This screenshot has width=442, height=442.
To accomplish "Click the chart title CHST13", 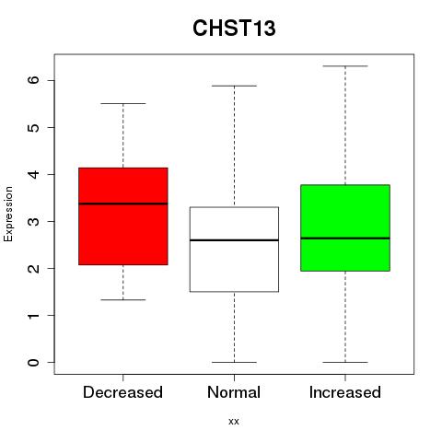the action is tap(234, 29).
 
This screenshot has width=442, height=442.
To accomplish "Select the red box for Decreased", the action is tap(123, 216).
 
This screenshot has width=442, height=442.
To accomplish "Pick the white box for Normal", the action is tap(234, 250).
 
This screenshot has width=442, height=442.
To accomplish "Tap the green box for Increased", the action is tap(345, 227).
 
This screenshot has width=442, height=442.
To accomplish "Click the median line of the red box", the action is tap(123, 204).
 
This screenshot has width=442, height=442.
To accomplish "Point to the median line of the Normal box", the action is tap(234, 240).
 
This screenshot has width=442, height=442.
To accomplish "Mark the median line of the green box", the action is tap(345, 238).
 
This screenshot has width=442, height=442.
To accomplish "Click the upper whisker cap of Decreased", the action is tap(123, 104).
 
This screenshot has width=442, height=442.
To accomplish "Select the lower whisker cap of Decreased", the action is tap(123, 299).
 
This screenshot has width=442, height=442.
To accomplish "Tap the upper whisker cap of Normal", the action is tap(234, 86).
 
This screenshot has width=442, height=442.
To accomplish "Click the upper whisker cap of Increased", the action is tap(345, 66).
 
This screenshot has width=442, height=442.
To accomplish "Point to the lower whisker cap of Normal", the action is tap(234, 362).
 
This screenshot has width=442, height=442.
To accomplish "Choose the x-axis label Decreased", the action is tap(122, 392).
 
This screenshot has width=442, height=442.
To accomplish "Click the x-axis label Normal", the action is tap(234, 392).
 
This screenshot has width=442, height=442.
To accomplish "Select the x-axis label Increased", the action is tap(345, 392).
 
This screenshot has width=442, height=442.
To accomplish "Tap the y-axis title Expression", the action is tap(8, 214).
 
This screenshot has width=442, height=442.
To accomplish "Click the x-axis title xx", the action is tap(234, 422).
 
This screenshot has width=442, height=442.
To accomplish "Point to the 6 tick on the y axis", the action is tap(51, 80).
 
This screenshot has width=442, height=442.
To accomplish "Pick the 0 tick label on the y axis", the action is tap(33, 363).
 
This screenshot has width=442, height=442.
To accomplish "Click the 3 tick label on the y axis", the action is tap(33, 221).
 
